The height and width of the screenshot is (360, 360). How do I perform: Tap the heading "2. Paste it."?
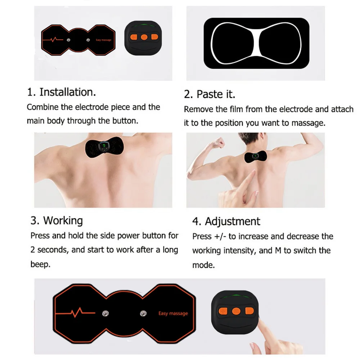click(x=210, y=94)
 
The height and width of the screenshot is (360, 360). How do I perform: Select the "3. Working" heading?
click(x=57, y=220)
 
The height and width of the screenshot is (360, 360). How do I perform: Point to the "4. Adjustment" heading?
click(x=226, y=221)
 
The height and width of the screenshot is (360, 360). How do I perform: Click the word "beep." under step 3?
click(x=40, y=264)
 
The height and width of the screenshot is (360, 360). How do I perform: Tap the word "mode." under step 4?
click(x=203, y=265)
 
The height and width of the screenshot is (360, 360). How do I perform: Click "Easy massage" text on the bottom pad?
click(x=173, y=313)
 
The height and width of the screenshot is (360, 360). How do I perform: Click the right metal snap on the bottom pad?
click(x=143, y=312)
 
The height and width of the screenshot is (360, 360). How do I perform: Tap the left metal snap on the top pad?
click(x=68, y=40)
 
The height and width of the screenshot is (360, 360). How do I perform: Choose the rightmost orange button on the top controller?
click(x=155, y=36)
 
